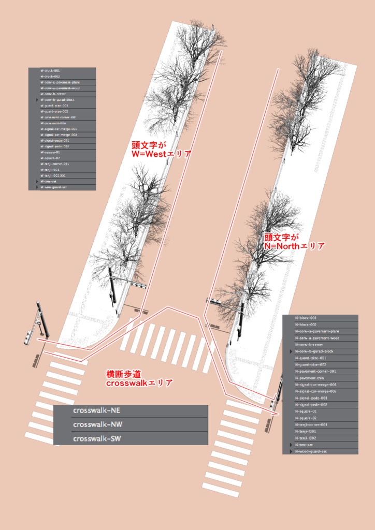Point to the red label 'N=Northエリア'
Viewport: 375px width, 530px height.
(x=295, y=246)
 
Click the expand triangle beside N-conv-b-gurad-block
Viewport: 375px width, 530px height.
(x=290, y=351)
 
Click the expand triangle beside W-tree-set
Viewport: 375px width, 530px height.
(x=37, y=182)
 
